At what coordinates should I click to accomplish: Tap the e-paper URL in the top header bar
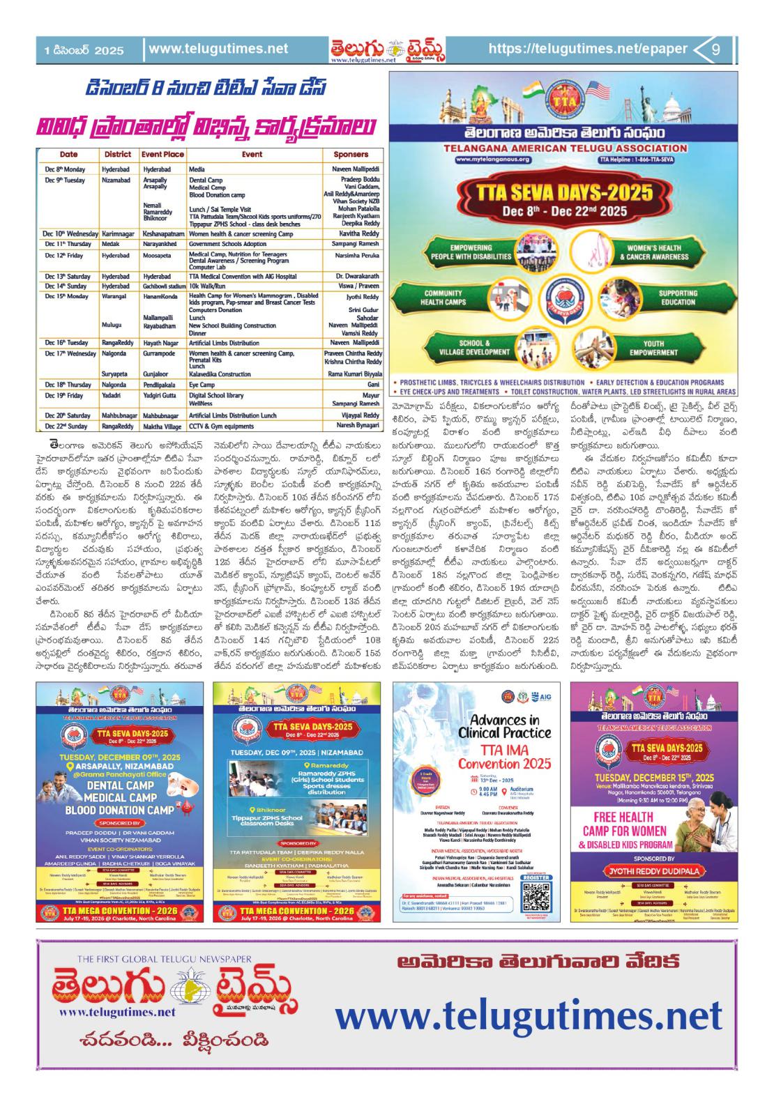click(588, 49)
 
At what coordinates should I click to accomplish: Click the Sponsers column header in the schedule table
click(351, 154)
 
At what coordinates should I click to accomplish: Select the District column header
click(118, 154)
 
